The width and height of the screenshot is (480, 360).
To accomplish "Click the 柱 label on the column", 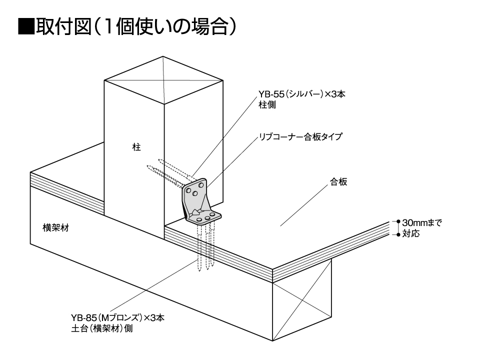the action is [x=136, y=147].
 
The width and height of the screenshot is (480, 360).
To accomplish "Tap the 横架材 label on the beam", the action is [x=55, y=228].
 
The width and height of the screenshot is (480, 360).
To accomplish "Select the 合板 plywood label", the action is [x=338, y=182].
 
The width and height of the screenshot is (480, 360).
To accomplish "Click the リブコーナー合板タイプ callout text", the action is [x=300, y=136].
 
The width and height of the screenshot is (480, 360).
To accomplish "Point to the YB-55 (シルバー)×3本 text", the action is [x=302, y=94].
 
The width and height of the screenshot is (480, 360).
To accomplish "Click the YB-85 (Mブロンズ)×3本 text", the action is [x=118, y=318].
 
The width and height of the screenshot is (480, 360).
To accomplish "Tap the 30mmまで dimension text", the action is [x=422, y=222].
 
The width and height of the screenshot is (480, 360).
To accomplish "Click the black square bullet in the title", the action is [x=26, y=26].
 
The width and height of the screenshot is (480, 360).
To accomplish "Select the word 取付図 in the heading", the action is [x=63, y=26].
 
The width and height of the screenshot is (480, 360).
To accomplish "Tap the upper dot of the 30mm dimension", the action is [x=398, y=221].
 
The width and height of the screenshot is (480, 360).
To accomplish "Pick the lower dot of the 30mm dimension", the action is [x=398, y=235].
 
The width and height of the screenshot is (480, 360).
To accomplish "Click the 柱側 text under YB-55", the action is [x=267, y=104].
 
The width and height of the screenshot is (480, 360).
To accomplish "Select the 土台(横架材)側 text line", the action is [x=102, y=328].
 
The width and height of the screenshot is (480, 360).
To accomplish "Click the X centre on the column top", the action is [x=163, y=80].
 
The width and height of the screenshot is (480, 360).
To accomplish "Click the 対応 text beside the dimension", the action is [x=411, y=233].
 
